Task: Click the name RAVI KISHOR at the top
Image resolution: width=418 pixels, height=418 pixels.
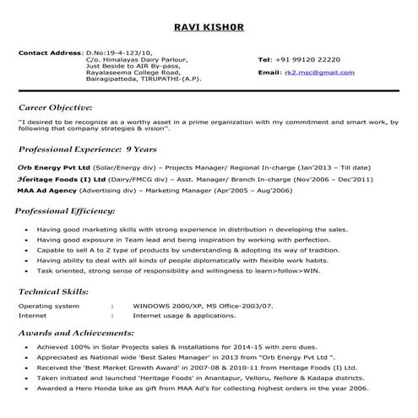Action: [209, 27]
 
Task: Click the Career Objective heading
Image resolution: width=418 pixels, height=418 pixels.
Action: [55, 108]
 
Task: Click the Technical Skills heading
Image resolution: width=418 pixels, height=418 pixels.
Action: [56, 290]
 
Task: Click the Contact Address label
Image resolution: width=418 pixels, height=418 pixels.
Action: [50, 53]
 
